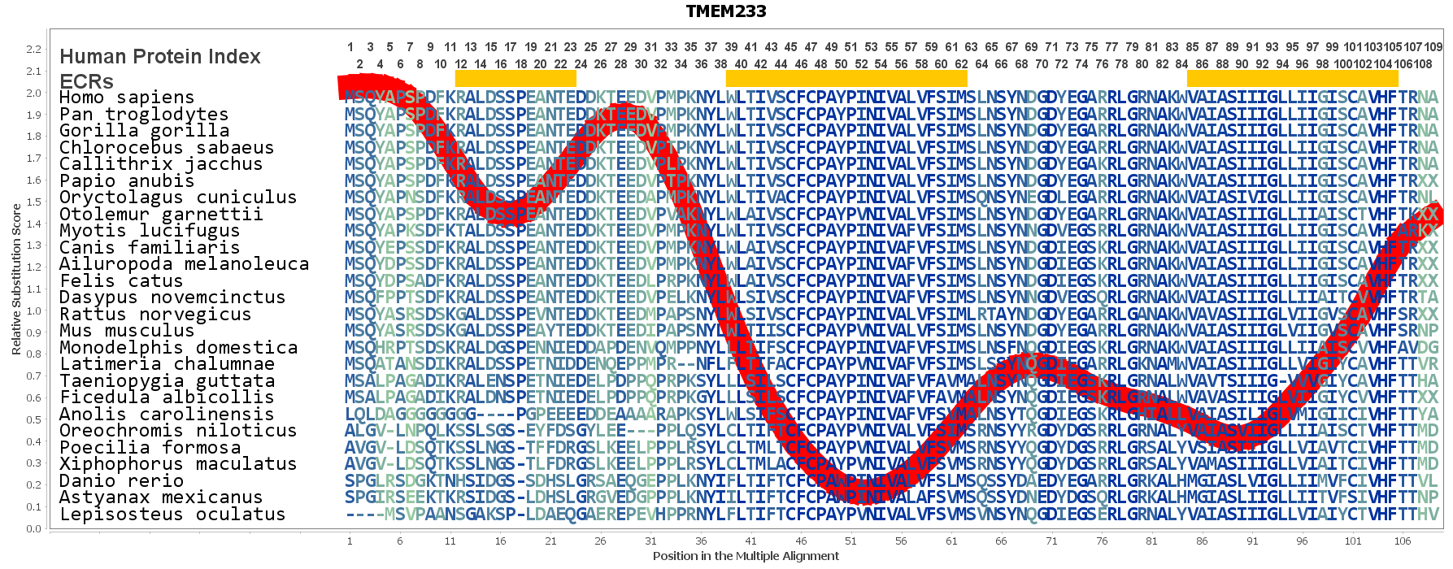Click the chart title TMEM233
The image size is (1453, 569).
725,11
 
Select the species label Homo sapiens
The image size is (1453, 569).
127,98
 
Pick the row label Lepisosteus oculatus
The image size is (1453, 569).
172,514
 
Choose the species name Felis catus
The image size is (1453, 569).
121,280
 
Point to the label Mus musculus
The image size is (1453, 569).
127,330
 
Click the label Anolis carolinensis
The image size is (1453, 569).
167,414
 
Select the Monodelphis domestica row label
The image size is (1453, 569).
178,347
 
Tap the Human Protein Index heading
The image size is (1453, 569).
160,56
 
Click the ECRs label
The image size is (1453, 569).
86,81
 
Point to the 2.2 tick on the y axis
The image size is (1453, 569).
33,49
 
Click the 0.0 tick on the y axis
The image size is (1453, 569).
33,528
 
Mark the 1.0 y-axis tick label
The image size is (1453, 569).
33,311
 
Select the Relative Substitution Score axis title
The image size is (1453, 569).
15,279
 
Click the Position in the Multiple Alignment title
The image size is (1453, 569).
746,556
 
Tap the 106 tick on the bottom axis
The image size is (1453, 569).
1403,541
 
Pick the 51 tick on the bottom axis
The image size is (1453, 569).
850,541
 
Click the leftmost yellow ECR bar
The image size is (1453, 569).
516,78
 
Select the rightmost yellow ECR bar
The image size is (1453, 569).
1292,78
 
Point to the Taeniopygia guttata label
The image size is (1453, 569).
167,380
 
